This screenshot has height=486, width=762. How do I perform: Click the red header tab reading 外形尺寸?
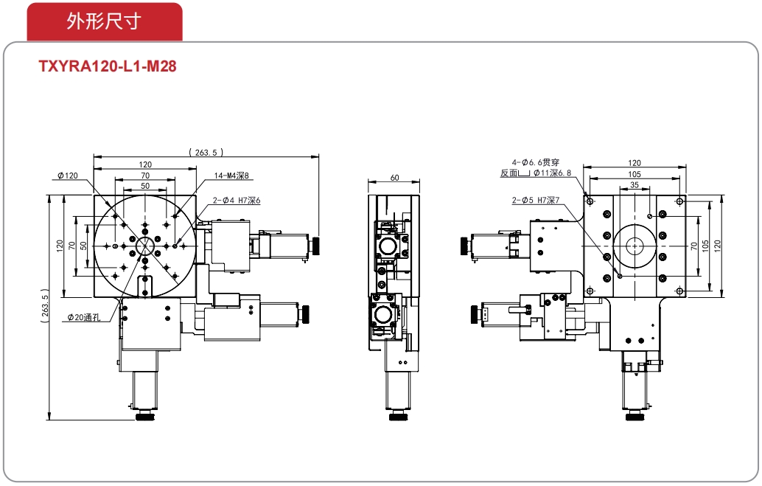(x=105, y=21)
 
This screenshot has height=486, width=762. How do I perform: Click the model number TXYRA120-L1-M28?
(x=108, y=66)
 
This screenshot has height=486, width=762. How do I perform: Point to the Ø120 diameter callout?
(x=68, y=176)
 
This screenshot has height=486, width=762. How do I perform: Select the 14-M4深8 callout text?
(x=231, y=176)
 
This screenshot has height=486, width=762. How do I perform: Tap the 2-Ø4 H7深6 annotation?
(x=237, y=201)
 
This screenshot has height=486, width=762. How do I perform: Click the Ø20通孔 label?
(x=84, y=318)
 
